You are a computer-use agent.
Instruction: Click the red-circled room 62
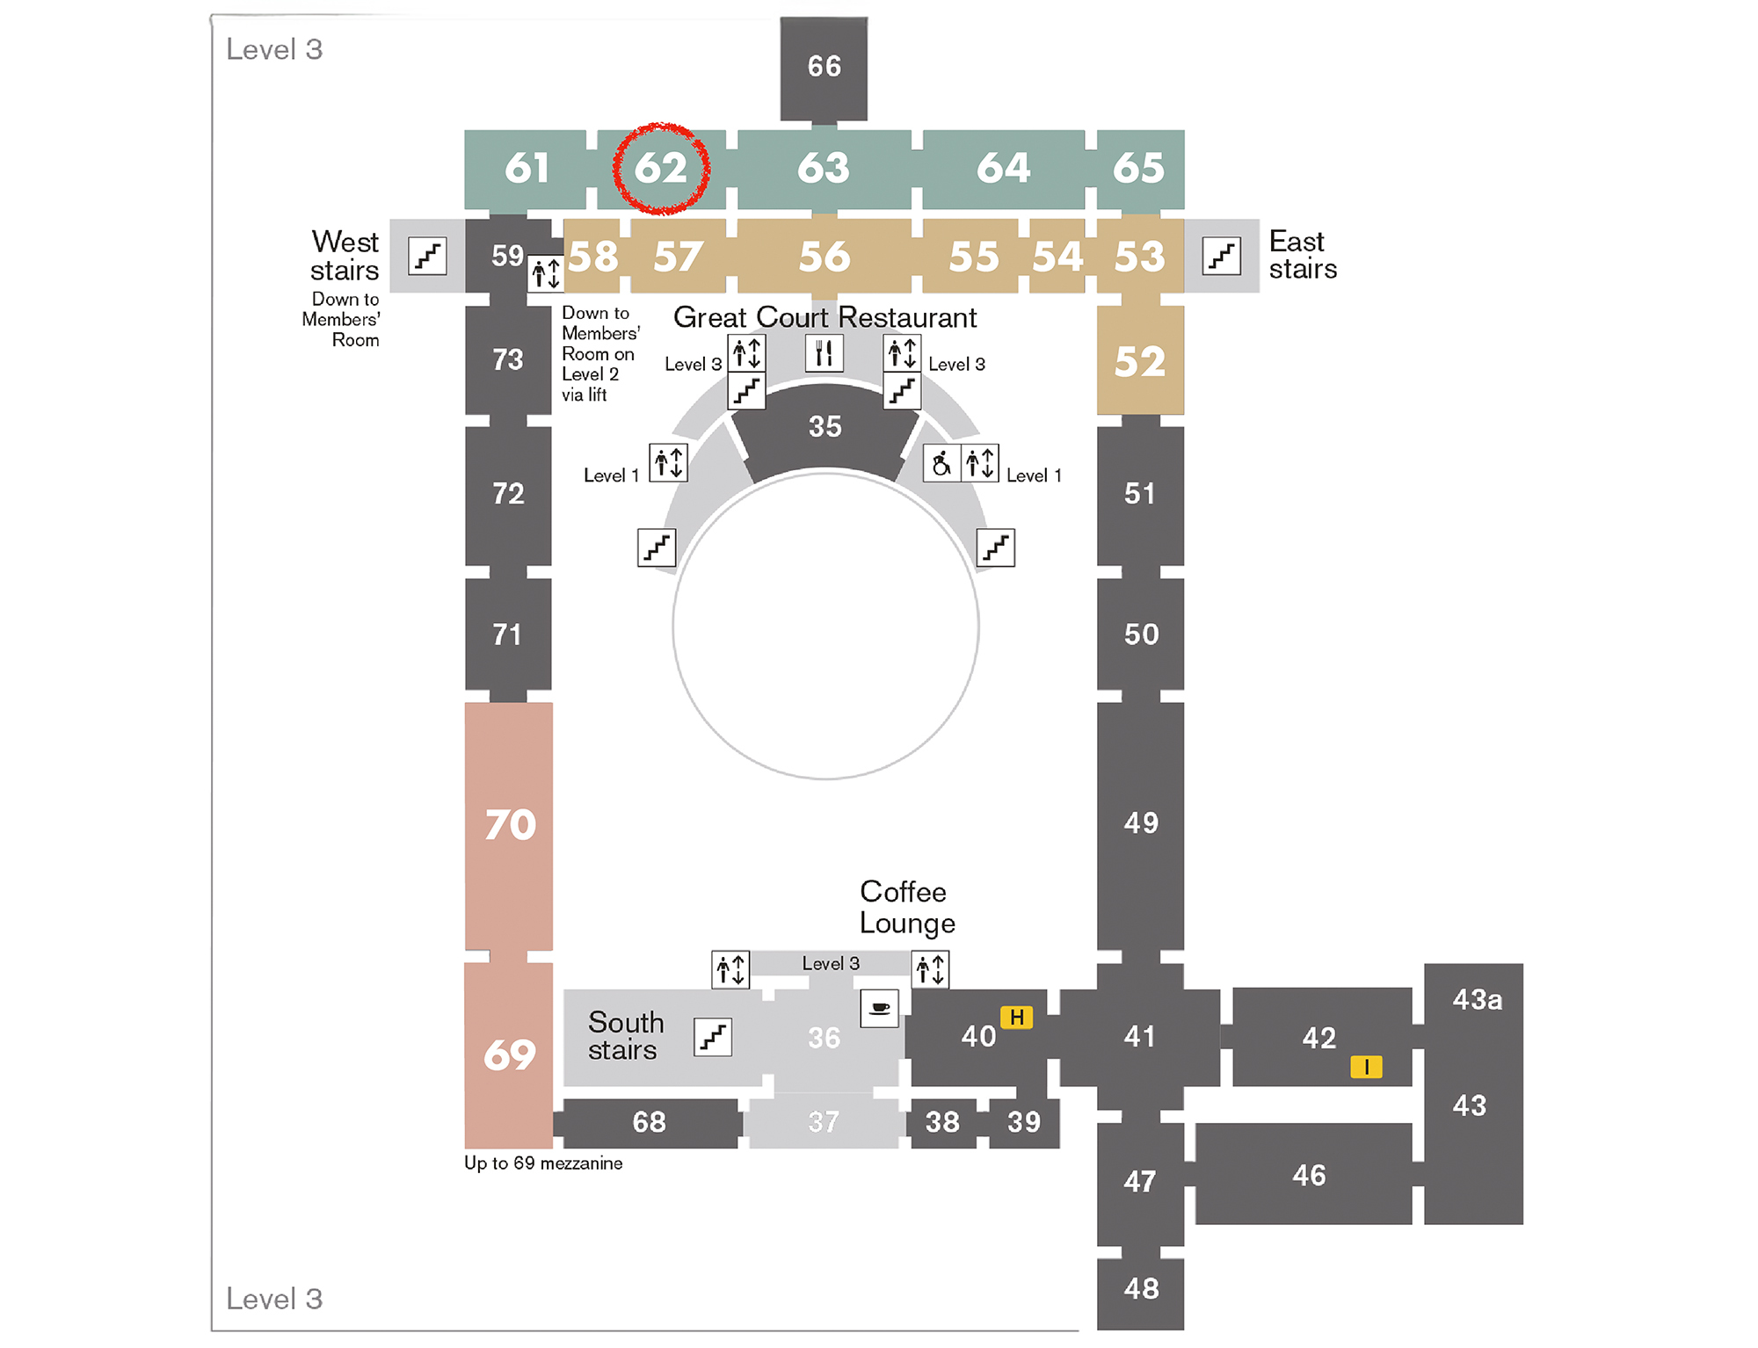661,168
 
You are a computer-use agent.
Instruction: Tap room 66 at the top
824,67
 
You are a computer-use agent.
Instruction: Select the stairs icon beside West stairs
427,256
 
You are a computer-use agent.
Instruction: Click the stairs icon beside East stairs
1221,256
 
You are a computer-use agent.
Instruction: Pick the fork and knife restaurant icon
824,353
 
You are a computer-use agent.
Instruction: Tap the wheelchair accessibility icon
941,463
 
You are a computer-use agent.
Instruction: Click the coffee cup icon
879,1008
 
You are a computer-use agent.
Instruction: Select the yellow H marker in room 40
1016,1018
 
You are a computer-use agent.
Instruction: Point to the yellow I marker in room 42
1366,1067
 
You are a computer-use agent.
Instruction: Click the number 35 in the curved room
825,427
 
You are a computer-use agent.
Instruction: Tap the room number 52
1140,362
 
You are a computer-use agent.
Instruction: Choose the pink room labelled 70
510,825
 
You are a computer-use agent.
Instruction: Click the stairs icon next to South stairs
713,1037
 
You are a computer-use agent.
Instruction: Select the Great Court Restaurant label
825,317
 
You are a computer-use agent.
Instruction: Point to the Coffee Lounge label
906,907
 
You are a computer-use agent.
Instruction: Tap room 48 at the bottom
1141,1288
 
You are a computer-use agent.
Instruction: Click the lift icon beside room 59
546,273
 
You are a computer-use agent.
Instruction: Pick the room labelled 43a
1477,1000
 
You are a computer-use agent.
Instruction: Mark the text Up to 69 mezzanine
543,1163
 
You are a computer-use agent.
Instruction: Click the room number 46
1309,1175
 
